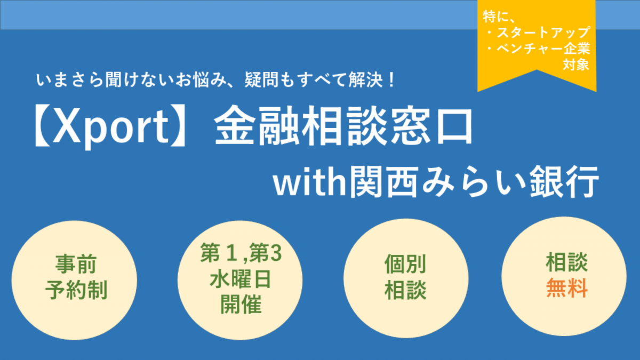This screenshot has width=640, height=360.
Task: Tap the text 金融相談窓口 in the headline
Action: click(343, 125)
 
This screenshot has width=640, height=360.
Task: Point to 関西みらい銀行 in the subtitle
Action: click(474, 181)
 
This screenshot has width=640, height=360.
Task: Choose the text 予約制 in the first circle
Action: click(76, 290)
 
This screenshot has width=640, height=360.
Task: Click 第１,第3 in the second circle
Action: click(241, 253)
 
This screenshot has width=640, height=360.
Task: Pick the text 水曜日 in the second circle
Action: click(240, 279)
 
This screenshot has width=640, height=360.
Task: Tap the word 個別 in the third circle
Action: click(405, 263)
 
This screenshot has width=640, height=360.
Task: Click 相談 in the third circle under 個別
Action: click(405, 290)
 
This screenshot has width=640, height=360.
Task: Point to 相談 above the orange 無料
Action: click(567, 262)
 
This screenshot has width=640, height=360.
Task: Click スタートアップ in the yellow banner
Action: click(543, 32)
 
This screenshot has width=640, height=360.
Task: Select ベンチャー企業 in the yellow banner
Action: click(543, 49)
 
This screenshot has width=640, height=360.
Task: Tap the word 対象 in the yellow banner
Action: click(576, 65)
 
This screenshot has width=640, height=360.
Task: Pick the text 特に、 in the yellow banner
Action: click(499, 17)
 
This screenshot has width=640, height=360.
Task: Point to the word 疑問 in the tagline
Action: click(261, 79)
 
